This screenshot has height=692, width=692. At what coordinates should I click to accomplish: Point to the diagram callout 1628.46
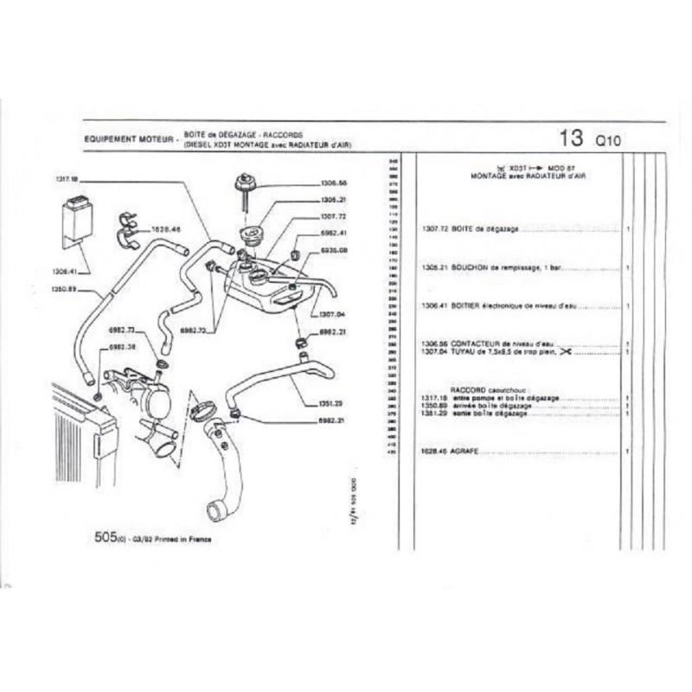pyautogui.click(x=164, y=230)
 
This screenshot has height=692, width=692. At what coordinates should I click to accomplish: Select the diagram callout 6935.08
pyautogui.click(x=332, y=249)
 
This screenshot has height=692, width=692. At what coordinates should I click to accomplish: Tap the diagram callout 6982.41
pyautogui.click(x=332, y=233)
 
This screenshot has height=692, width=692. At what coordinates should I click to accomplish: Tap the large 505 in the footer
pyautogui.click(x=106, y=536)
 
